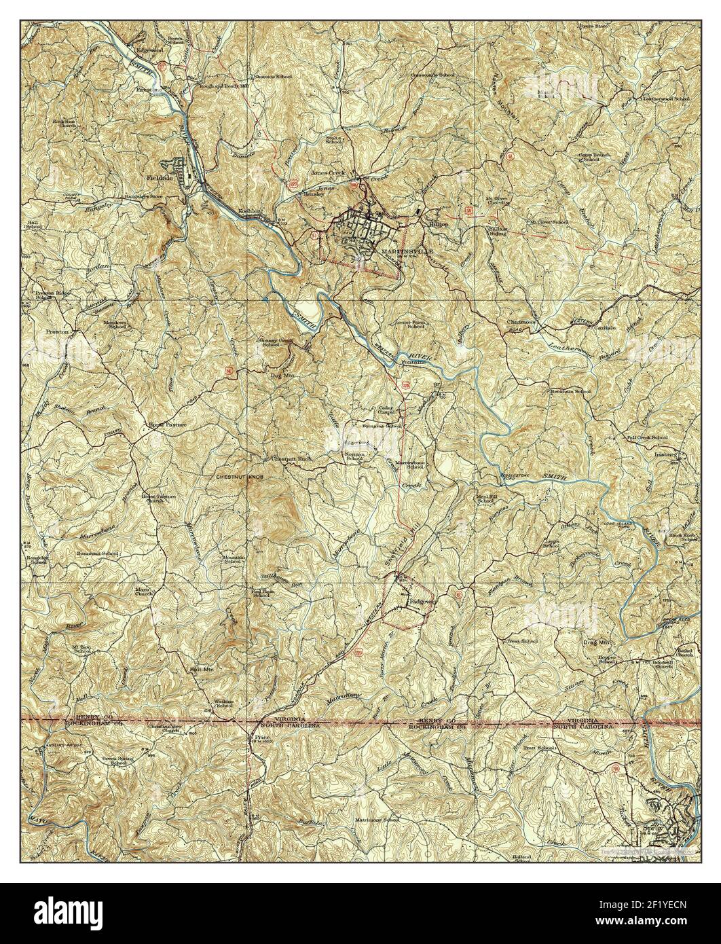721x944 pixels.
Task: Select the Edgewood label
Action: point(151,51)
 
